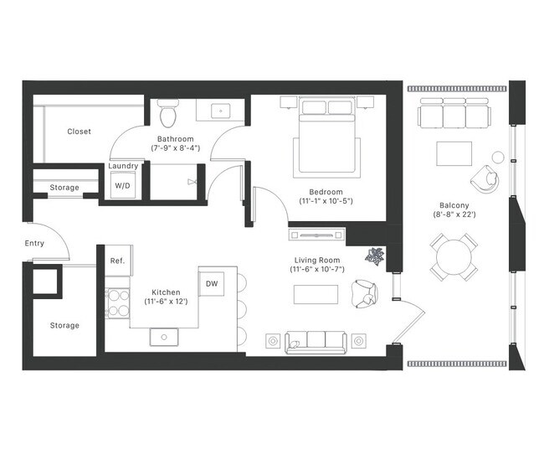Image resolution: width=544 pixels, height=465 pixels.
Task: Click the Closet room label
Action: coord(79,132)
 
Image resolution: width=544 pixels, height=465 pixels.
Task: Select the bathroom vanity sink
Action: coord(222,110)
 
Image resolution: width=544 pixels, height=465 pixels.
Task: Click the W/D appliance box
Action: coord(122,185)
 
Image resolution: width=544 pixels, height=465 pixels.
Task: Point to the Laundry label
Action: coord(123,166)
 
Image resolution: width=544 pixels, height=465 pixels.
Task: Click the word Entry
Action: coord(35,244)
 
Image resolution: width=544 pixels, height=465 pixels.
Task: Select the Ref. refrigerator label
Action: coord(117,261)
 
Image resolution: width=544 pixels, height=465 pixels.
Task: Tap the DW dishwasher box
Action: coord(212,284)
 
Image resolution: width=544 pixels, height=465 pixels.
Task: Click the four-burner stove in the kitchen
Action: coord(117,303)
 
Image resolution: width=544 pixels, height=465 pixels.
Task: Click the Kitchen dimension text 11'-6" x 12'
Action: coord(166,301)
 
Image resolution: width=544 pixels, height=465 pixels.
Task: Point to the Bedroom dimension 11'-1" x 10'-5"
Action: coord(327,201)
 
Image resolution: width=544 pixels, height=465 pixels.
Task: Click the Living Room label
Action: coord(316,260)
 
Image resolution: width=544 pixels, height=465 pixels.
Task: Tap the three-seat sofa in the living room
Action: coord(316,340)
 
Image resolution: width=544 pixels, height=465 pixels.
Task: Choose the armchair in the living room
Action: coord(366,294)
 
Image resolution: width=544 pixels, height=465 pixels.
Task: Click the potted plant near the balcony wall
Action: coord(374,256)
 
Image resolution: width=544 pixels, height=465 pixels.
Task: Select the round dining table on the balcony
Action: coord(453,257)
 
